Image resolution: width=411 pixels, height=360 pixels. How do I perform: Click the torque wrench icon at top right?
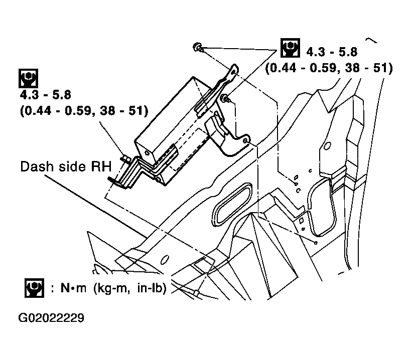point(289,48)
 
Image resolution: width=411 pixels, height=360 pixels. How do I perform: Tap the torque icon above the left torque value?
point(28,78)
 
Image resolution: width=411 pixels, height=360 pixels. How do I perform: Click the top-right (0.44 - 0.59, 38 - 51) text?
point(329,68)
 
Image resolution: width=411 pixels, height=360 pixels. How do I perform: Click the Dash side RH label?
point(65,166)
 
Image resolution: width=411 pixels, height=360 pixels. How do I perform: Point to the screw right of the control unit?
point(226,98)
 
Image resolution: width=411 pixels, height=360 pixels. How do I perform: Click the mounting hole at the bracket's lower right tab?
point(245,141)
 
